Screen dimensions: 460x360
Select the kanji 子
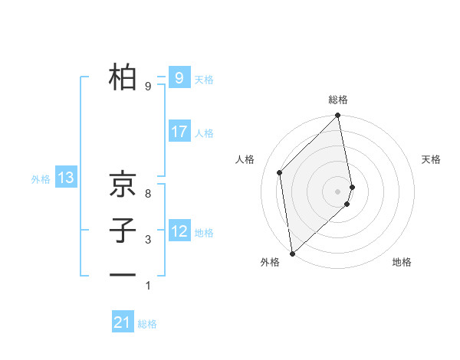pyautogui.click(x=123, y=230)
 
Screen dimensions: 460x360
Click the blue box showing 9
pyautogui.click(x=179, y=77)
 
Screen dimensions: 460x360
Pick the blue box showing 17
pyautogui.click(x=179, y=131)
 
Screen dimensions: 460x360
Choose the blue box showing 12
pyautogui.click(x=179, y=231)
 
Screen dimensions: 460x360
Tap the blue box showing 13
pyautogui.click(x=65, y=178)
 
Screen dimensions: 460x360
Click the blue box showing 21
pyautogui.click(x=123, y=322)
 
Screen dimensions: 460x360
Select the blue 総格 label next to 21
pyautogui.click(x=147, y=324)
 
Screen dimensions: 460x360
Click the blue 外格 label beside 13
pyautogui.click(x=41, y=179)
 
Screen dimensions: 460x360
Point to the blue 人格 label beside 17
pyautogui.click(x=204, y=133)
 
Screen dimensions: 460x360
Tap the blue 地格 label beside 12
pyautogui.click(x=204, y=233)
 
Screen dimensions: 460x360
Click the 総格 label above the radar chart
pyautogui.click(x=338, y=100)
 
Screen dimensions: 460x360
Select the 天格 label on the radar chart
pyautogui.click(x=432, y=159)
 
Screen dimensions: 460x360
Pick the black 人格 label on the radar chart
pyautogui.click(x=245, y=159)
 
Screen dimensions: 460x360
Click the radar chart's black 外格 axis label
pyautogui.click(x=270, y=262)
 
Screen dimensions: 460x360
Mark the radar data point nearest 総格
pyautogui.click(x=338, y=116)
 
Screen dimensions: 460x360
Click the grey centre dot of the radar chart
pyautogui.click(x=338, y=191)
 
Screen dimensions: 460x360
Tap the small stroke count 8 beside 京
pyautogui.click(x=148, y=193)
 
